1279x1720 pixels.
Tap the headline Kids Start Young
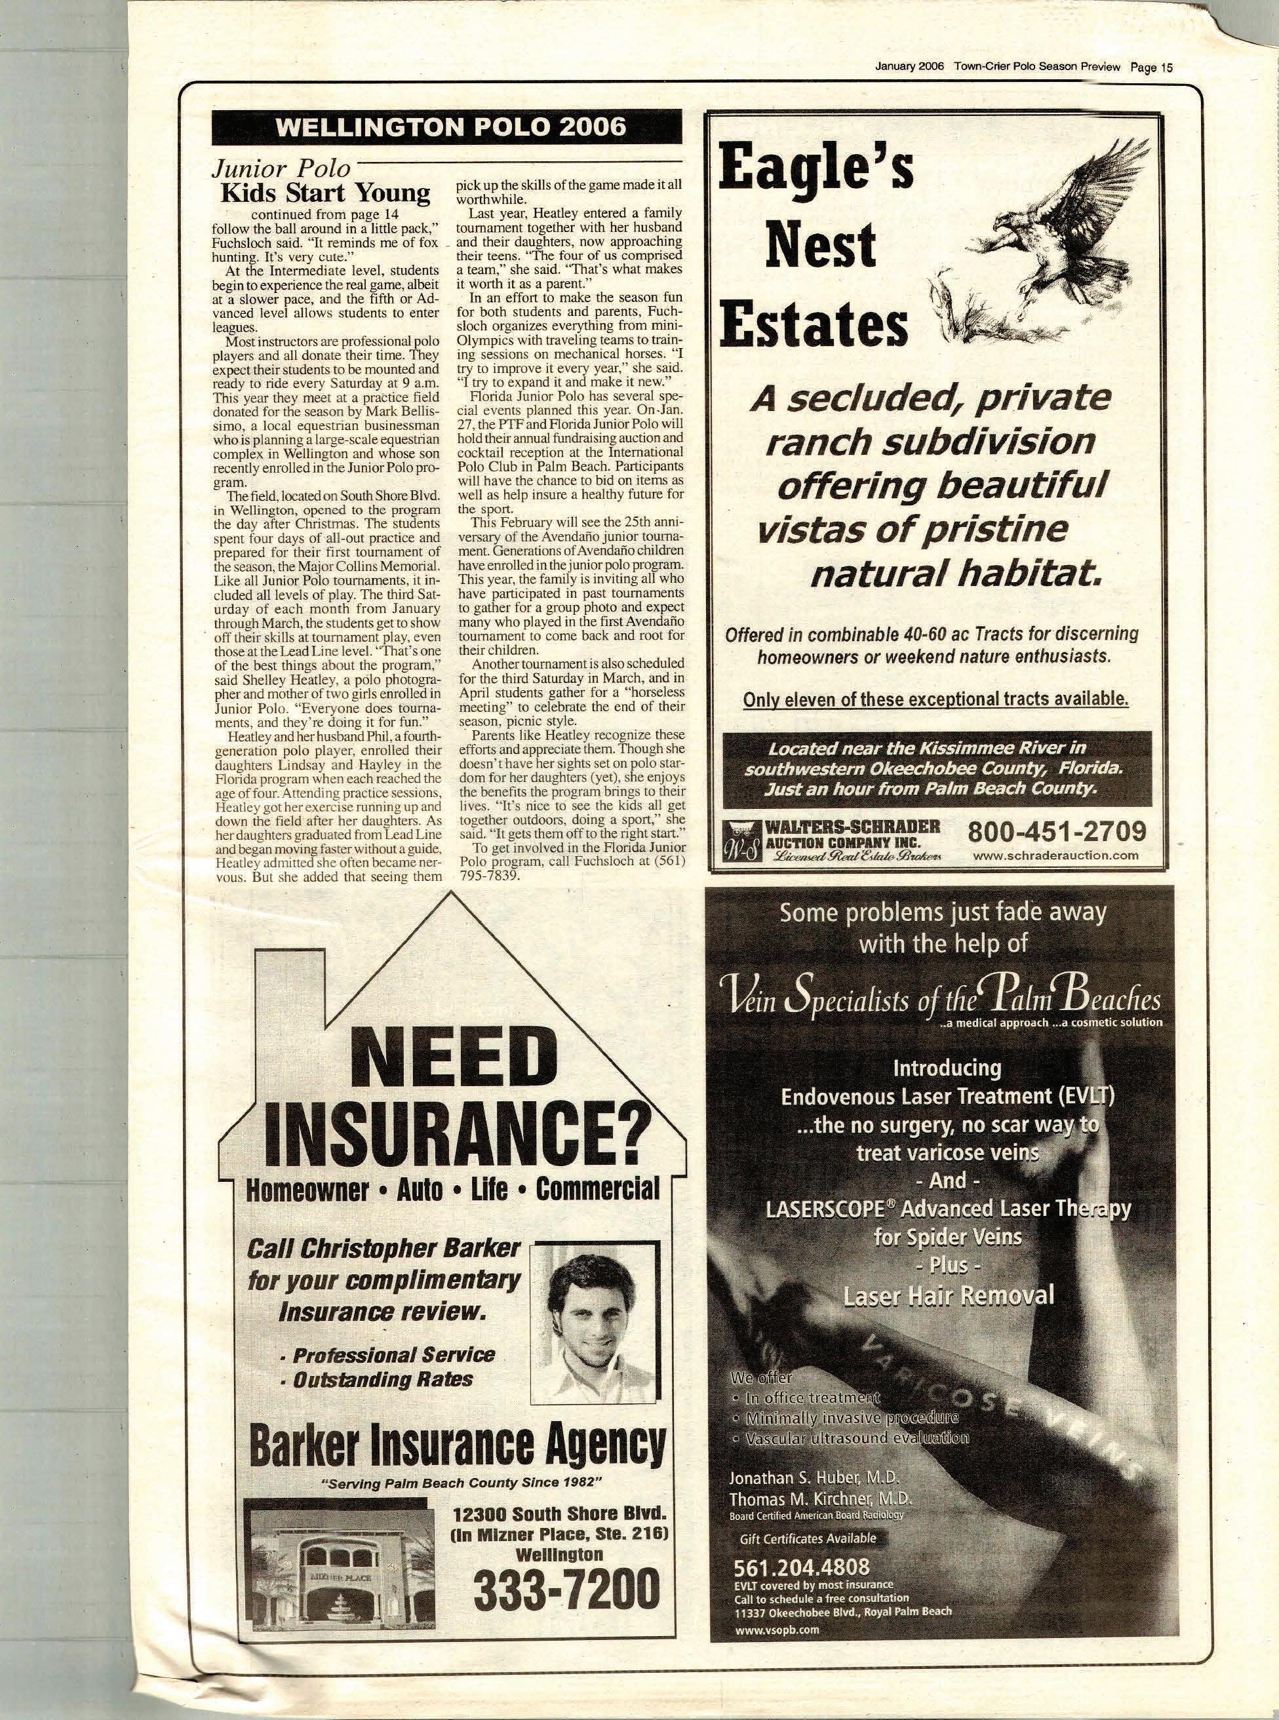pos(326,192)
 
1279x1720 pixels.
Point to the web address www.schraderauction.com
pos(1056,855)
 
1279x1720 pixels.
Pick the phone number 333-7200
pos(568,1588)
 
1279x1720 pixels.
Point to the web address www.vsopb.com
pos(777,1629)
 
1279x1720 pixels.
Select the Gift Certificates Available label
pos(808,1538)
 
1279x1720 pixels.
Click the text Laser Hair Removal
pos(949,1295)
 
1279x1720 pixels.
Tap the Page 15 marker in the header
pos(1151,68)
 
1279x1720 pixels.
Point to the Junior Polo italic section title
pos(281,168)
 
